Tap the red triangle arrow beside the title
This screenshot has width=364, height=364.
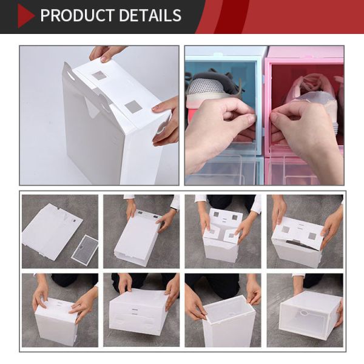[x=25, y=16]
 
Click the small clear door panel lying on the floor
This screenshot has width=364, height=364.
[x=84, y=248]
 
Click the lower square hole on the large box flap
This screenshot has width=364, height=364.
[x=133, y=107]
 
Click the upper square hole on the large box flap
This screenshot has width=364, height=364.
[x=99, y=76]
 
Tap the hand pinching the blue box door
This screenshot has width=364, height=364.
[x=221, y=130]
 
